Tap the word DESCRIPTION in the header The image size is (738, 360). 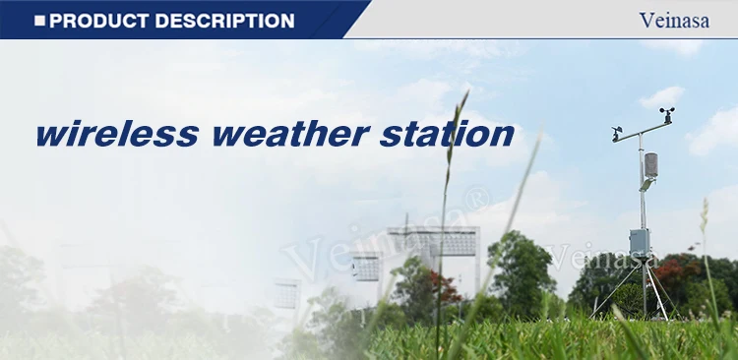coord(224,21)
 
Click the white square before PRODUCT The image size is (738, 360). coord(40,21)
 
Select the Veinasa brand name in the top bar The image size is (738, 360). coord(674,21)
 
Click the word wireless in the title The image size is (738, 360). coord(117,134)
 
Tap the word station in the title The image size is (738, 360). coord(447,134)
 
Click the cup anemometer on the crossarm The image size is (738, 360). coord(667,114)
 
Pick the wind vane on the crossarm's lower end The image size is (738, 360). coord(616,133)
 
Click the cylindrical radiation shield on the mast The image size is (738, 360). coord(651,165)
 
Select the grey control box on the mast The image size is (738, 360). coord(640,243)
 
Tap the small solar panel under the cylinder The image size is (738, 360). coord(646,185)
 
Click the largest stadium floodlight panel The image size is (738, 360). coord(432,241)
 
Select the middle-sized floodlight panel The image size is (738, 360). coord(366,268)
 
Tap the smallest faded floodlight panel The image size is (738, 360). coord(287,294)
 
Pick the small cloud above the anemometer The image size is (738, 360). coord(661,97)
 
